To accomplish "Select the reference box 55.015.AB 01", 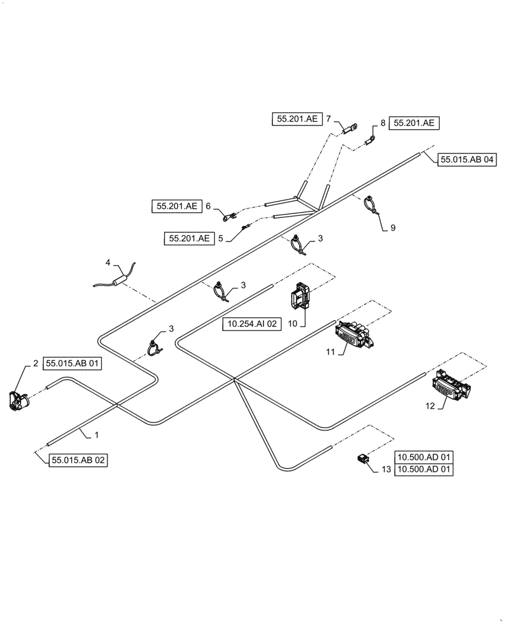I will click(x=72, y=363).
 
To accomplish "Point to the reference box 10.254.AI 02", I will click(x=252, y=323).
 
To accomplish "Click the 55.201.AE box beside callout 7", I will click(x=297, y=119).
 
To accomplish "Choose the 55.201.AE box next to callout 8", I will click(x=415, y=124).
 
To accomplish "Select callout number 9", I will click(x=393, y=228).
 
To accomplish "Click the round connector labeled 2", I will click(x=19, y=399).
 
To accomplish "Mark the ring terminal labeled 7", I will click(x=350, y=129).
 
